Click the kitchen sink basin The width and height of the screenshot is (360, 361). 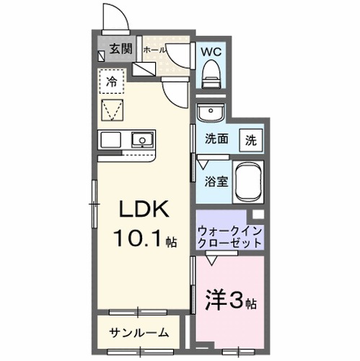(141, 139)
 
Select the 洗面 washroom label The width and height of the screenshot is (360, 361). (217, 139)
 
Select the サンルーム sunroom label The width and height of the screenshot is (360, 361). (140, 333)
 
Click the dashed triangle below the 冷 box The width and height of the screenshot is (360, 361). (113, 111)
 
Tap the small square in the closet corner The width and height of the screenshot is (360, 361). (256, 216)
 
